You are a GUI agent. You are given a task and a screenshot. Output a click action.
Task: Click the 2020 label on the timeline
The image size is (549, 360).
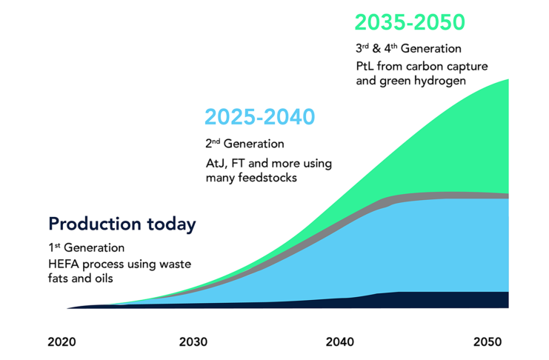pos(61,342)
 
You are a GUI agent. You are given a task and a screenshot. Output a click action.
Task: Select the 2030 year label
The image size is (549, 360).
pos(193,342)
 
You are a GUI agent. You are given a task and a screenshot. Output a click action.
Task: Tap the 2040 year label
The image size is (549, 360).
pos(339,342)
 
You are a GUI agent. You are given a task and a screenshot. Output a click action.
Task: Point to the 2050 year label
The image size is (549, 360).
pos(488,342)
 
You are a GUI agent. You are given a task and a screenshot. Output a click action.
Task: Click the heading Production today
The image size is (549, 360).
pos(122,224)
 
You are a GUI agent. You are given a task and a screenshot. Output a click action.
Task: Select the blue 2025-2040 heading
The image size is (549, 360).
pos(259,117)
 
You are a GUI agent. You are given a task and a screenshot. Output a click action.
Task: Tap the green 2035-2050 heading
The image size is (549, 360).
pos(410,22)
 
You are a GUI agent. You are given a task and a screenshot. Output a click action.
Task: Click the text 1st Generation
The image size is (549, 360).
pos(87,247)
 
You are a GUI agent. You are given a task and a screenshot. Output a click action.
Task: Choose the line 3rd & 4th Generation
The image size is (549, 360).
pos(408,49)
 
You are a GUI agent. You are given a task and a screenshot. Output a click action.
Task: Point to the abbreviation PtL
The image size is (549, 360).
pos(366,67)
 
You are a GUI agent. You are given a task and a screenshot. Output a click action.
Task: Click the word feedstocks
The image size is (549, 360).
pos(267,178)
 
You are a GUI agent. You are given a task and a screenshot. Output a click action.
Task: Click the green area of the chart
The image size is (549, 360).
pos(459,141)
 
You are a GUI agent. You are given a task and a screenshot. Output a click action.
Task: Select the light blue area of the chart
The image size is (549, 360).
pos(445,244)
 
